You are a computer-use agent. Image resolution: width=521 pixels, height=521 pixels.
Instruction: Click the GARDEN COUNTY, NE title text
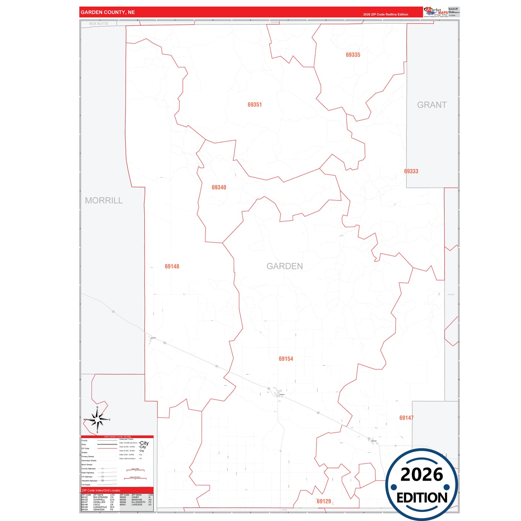coord(108,12)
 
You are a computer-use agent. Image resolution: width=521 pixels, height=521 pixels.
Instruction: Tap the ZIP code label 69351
coord(255,105)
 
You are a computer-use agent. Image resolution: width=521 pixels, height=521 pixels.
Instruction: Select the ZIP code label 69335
coord(353,55)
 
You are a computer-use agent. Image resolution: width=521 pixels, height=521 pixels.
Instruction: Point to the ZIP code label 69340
coord(219,187)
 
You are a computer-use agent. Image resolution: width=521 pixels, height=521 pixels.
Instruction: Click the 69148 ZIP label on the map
coord(172,266)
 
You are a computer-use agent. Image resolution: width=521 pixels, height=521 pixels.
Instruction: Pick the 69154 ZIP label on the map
coord(286,359)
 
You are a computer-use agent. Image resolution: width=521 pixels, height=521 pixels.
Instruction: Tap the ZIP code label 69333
coord(411,171)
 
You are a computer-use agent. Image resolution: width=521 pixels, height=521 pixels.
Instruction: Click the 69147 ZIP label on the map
coord(406,418)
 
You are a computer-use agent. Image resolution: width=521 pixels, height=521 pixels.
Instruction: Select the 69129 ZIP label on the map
coord(324,501)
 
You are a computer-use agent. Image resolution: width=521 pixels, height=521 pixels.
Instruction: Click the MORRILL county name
coord(104,200)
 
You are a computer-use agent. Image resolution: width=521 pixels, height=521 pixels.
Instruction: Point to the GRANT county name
coord(432,105)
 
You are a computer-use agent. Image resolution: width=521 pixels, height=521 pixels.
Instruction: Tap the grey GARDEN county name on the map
coord(284,266)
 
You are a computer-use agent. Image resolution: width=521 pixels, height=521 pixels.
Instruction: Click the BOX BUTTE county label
coord(99,24)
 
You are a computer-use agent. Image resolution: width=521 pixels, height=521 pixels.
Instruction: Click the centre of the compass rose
coord(97,420)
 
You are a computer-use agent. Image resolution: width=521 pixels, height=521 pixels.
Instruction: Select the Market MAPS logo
coord(436,12)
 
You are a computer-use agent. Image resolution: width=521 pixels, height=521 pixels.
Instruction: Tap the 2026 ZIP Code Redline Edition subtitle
coord(385,14)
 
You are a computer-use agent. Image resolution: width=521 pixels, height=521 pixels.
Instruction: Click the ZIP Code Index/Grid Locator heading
coord(101,490)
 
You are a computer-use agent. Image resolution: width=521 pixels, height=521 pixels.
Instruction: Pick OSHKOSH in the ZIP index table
coord(99,509)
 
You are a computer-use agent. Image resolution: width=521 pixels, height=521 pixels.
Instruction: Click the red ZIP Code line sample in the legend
coord(107,449)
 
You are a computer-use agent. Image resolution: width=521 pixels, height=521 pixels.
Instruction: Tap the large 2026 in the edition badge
coord(421,474)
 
